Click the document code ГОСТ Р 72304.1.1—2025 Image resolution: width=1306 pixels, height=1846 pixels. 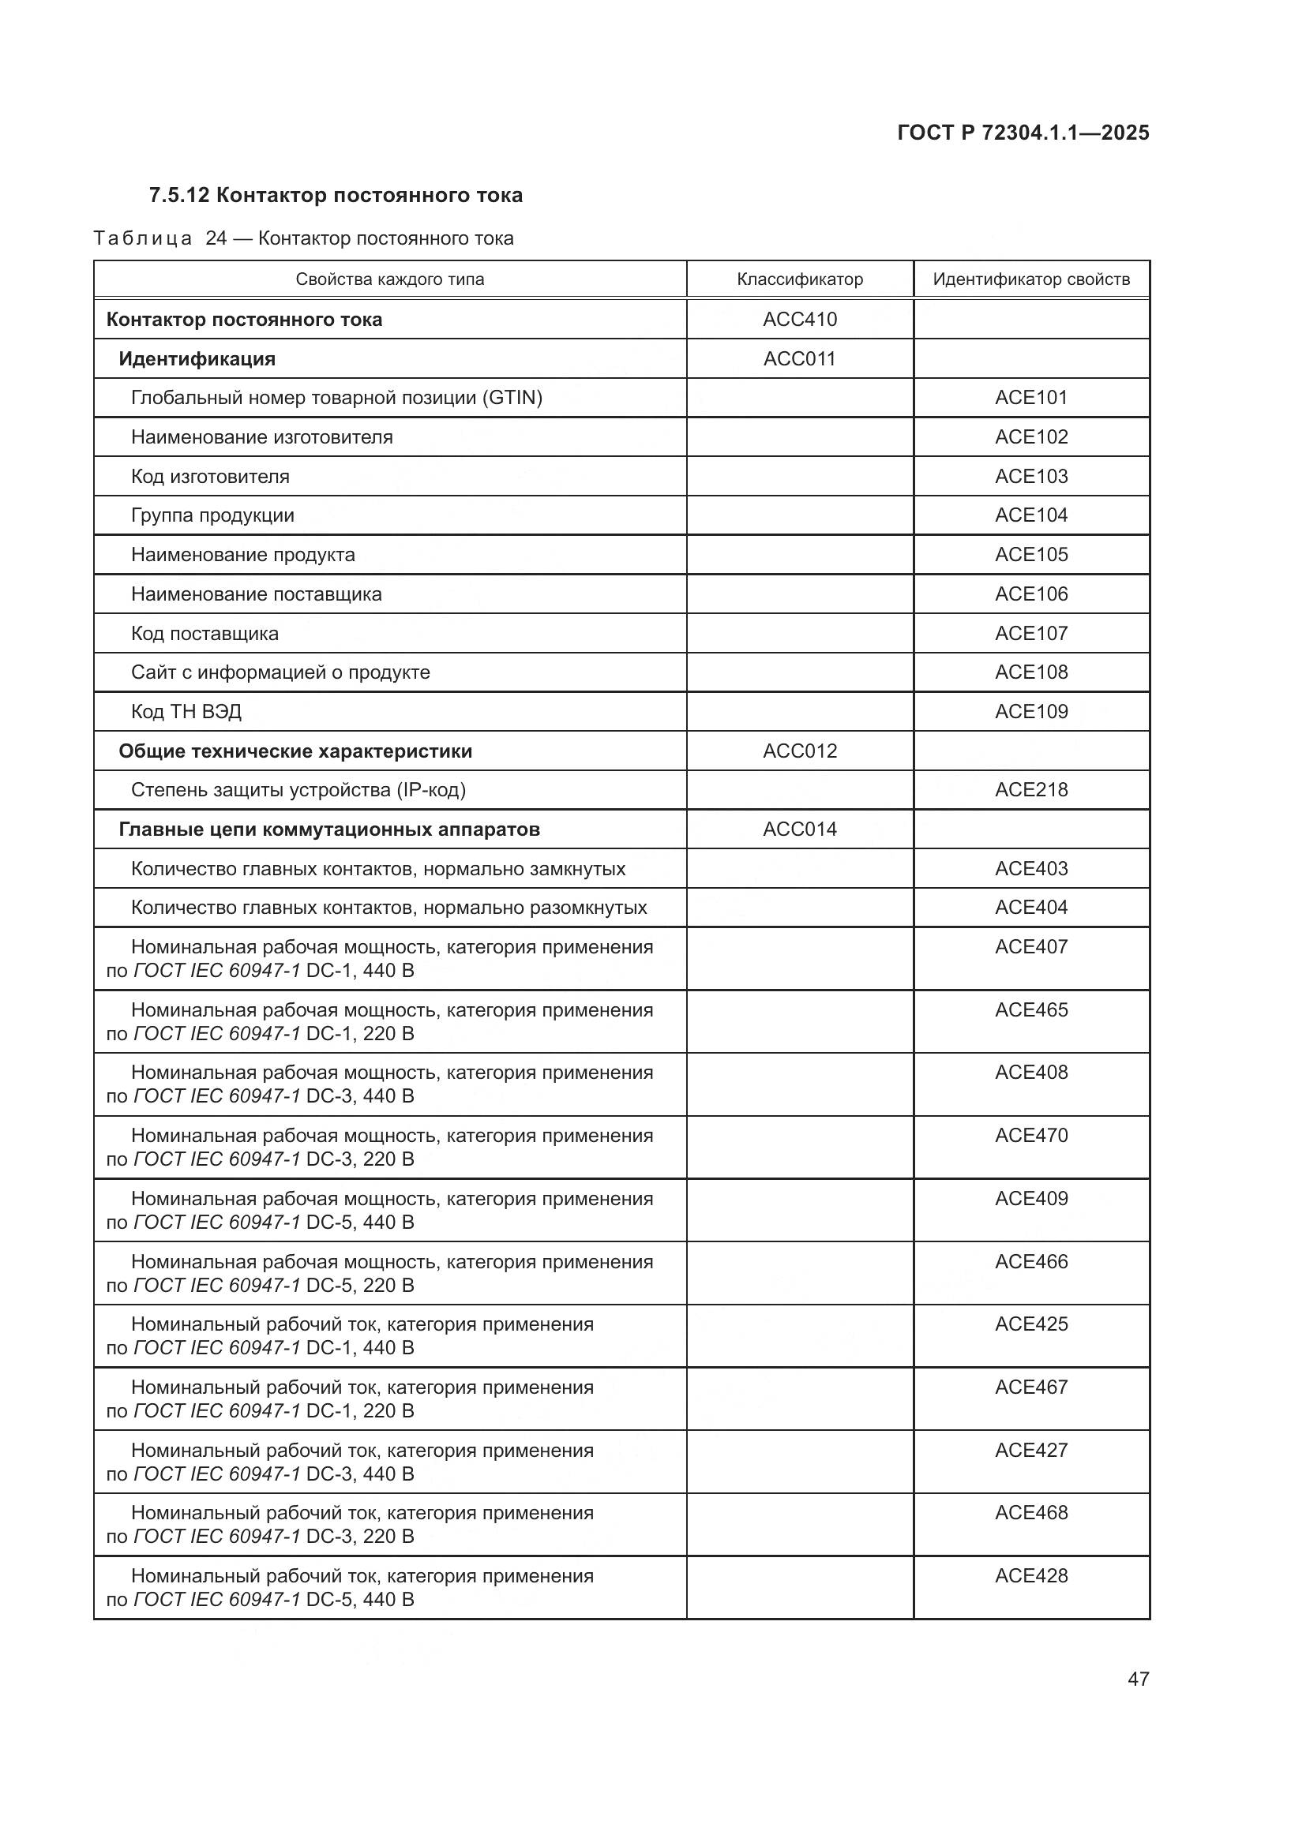[1023, 133]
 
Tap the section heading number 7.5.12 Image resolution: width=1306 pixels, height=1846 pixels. [179, 196]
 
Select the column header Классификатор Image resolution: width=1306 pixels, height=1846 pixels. [799, 280]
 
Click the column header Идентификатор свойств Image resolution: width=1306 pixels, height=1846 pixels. [1031, 280]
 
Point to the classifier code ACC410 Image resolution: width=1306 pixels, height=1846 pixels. [799, 319]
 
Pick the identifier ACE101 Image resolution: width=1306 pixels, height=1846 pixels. [1031, 398]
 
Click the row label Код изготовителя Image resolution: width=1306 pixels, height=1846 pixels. [210, 477]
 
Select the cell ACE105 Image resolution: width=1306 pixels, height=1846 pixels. [1031, 555]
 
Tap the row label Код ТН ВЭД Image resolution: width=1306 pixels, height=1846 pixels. [186, 712]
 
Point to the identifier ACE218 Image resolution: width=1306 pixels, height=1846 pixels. [1031, 790]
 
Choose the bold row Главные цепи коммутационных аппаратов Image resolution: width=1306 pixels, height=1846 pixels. [329, 829]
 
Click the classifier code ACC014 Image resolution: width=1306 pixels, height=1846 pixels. [799, 829]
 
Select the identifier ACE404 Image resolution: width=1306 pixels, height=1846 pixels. [1031, 908]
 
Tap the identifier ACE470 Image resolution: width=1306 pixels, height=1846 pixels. [1031, 1136]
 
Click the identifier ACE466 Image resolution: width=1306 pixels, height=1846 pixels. [1031, 1262]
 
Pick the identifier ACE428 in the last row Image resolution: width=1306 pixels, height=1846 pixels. [1031, 1577]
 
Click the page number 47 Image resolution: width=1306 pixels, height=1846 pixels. [1138, 1679]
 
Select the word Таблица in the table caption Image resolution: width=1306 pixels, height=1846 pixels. [142, 239]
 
